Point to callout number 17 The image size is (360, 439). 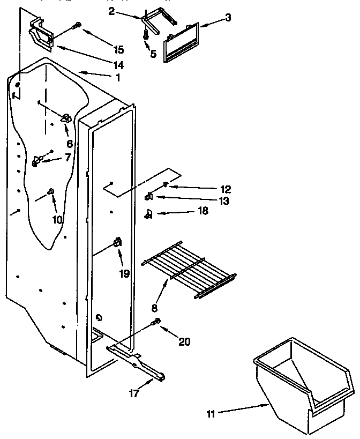tap(134, 393)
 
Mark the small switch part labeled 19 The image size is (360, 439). tap(116, 244)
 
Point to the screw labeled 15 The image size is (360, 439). tap(79, 25)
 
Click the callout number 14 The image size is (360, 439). tap(118, 65)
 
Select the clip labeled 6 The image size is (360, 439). tap(65, 118)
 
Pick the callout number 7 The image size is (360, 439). tap(67, 157)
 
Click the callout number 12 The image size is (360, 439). tap(225, 189)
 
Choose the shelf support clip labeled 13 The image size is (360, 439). tap(149, 197)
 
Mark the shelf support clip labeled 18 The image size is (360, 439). tap(149, 215)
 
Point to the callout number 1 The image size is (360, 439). tap(117, 77)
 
